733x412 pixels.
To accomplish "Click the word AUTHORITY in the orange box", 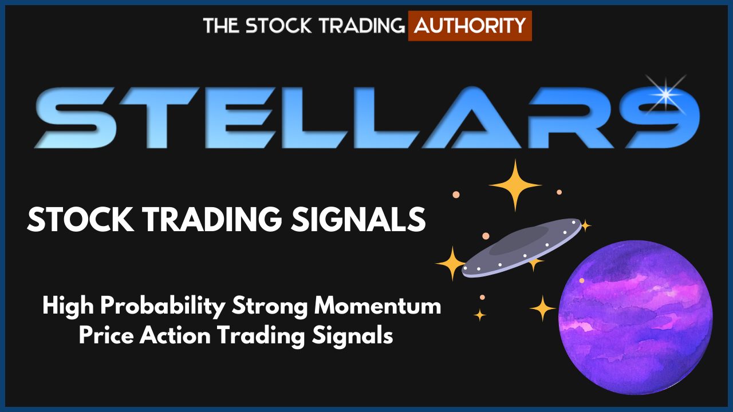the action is click(470, 26).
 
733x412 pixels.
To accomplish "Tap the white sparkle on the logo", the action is click(665, 94).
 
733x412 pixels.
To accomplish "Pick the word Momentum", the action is click(377, 306).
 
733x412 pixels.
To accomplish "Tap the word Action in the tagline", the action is click(175, 336).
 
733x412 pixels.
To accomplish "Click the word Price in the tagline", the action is click(106, 336).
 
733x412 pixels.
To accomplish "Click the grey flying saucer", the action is click(522, 248).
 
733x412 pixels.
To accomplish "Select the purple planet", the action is click(636, 317).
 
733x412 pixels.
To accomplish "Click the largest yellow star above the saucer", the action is click(515, 185).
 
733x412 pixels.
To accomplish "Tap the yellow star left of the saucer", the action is click(452, 263).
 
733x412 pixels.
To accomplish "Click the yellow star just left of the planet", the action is click(542, 308).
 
